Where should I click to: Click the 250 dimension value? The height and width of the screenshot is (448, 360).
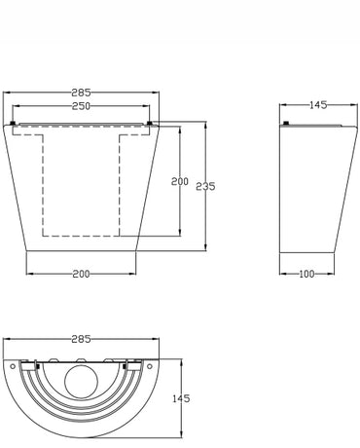click(x=81, y=106)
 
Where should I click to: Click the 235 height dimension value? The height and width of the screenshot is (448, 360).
click(x=205, y=186)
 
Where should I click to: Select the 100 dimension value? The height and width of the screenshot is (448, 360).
click(x=306, y=274)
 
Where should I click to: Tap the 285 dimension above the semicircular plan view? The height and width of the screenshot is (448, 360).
click(x=81, y=339)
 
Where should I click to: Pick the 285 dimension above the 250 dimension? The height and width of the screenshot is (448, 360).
click(x=81, y=93)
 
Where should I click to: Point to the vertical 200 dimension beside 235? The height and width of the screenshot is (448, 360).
click(x=180, y=181)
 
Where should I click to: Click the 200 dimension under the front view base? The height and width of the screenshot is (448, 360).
click(x=81, y=274)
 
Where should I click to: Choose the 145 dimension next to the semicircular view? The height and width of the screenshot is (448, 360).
click(x=181, y=398)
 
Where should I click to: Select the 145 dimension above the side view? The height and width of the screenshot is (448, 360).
click(x=318, y=105)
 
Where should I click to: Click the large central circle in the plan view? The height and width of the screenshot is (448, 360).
click(x=81, y=382)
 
